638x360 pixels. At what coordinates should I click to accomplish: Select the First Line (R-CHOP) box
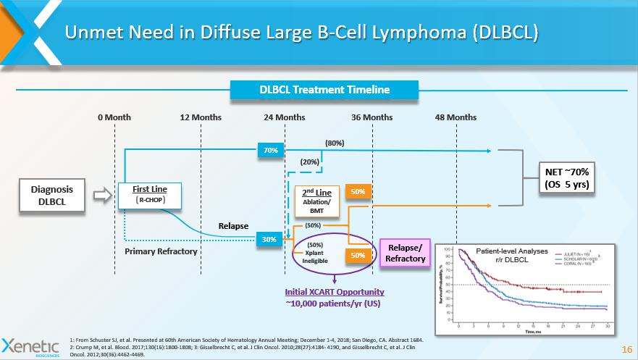click(x=151, y=194)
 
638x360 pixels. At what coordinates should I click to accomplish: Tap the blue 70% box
click(x=271, y=151)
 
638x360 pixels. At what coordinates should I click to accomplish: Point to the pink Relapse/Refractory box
click(x=405, y=254)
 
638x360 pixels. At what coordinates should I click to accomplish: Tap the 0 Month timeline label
click(x=114, y=117)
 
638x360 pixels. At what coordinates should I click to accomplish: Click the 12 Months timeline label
click(x=200, y=117)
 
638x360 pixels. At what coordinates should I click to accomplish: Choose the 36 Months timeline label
click(x=372, y=117)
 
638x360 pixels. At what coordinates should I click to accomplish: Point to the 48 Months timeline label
click(x=456, y=117)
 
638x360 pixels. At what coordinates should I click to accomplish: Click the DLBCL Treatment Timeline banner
click(x=324, y=91)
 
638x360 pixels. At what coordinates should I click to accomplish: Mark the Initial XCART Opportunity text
click(x=334, y=291)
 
